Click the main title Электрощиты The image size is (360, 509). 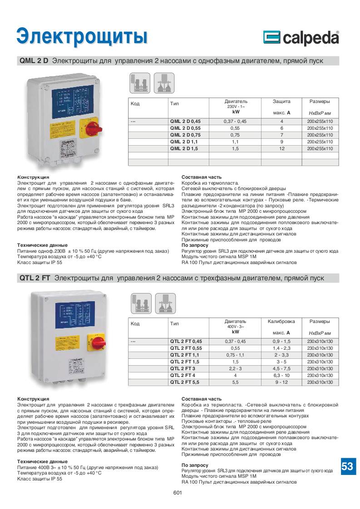[x=82, y=36]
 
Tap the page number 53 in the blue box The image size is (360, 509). [x=347, y=466]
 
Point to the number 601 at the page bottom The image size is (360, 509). [x=178, y=494]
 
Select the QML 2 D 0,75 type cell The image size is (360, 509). [x=185, y=135]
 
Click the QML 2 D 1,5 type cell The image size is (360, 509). [x=185, y=149]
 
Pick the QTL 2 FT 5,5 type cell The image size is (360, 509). [x=185, y=382]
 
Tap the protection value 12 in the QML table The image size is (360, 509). [x=282, y=149]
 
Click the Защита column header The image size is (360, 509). [x=281, y=101]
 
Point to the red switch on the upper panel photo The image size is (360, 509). [x=89, y=127]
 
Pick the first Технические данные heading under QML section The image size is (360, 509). [x=39, y=245]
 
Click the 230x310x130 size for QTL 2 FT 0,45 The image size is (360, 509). [x=320, y=341]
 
